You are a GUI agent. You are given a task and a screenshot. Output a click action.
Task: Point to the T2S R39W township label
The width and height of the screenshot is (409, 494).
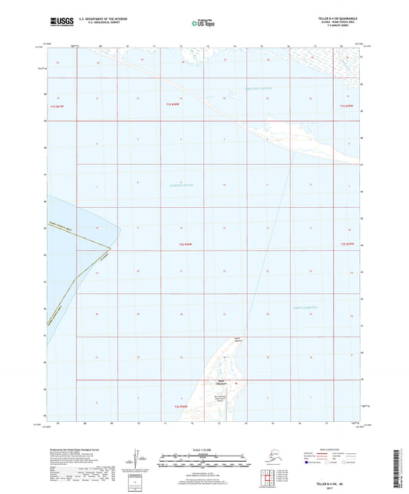[348, 244]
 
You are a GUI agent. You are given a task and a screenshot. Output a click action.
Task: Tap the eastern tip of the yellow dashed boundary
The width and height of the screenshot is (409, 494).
[110, 248]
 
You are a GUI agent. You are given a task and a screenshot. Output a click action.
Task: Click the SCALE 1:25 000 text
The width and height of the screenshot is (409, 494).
[203, 450]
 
